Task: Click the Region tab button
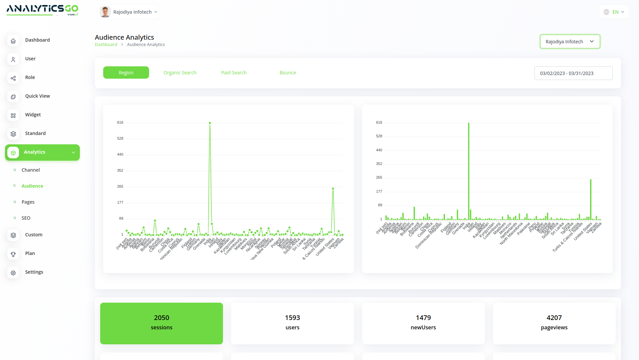[126, 73]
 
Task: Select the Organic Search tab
[180, 73]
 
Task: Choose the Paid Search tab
[234, 73]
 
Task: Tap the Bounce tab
[288, 73]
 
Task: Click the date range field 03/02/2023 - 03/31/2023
[573, 73]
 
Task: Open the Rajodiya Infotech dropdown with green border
[570, 42]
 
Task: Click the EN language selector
[614, 12]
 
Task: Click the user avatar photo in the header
[105, 12]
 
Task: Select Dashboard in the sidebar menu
[37, 40]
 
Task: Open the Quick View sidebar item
[37, 96]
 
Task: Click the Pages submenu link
[28, 202]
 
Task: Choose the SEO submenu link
[26, 218]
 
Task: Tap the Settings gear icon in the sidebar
[13, 273]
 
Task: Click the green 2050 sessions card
[161, 323]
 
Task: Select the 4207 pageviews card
[554, 323]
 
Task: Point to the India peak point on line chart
[210, 123]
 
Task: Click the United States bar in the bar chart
[591, 200]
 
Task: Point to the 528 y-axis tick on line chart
[120, 138]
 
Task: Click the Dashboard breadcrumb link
[106, 45]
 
